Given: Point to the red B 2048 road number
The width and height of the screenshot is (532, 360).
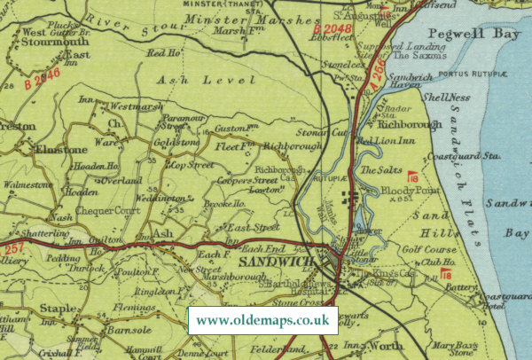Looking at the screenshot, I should (x=332, y=29).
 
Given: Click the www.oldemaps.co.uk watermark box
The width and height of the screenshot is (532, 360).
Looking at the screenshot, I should (x=263, y=319).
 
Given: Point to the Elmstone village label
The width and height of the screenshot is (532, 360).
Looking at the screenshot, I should (x=60, y=150).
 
